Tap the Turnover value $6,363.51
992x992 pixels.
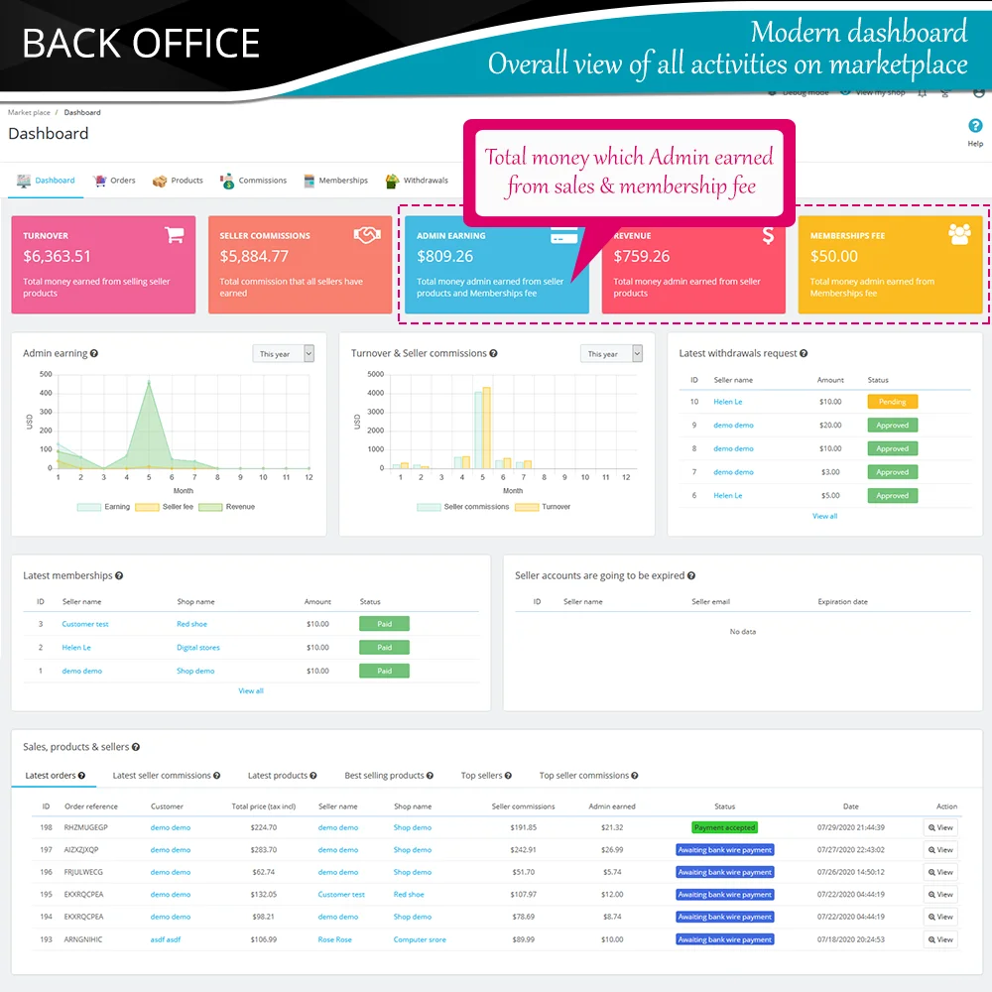click(x=57, y=257)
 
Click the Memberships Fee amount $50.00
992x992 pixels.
click(x=833, y=257)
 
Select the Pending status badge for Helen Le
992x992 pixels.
click(x=892, y=402)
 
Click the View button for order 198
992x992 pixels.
click(x=939, y=827)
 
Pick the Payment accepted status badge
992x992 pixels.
click(x=724, y=827)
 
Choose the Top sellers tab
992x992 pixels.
click(x=482, y=776)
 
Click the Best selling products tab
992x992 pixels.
click(x=384, y=776)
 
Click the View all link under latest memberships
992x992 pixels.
click(x=251, y=690)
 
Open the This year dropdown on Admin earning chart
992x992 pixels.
click(x=283, y=353)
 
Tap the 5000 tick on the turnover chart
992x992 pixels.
click(x=375, y=374)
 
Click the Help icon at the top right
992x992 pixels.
click(x=975, y=126)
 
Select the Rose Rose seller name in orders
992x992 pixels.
click(x=334, y=939)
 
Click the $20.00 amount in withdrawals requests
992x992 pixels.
click(x=830, y=425)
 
